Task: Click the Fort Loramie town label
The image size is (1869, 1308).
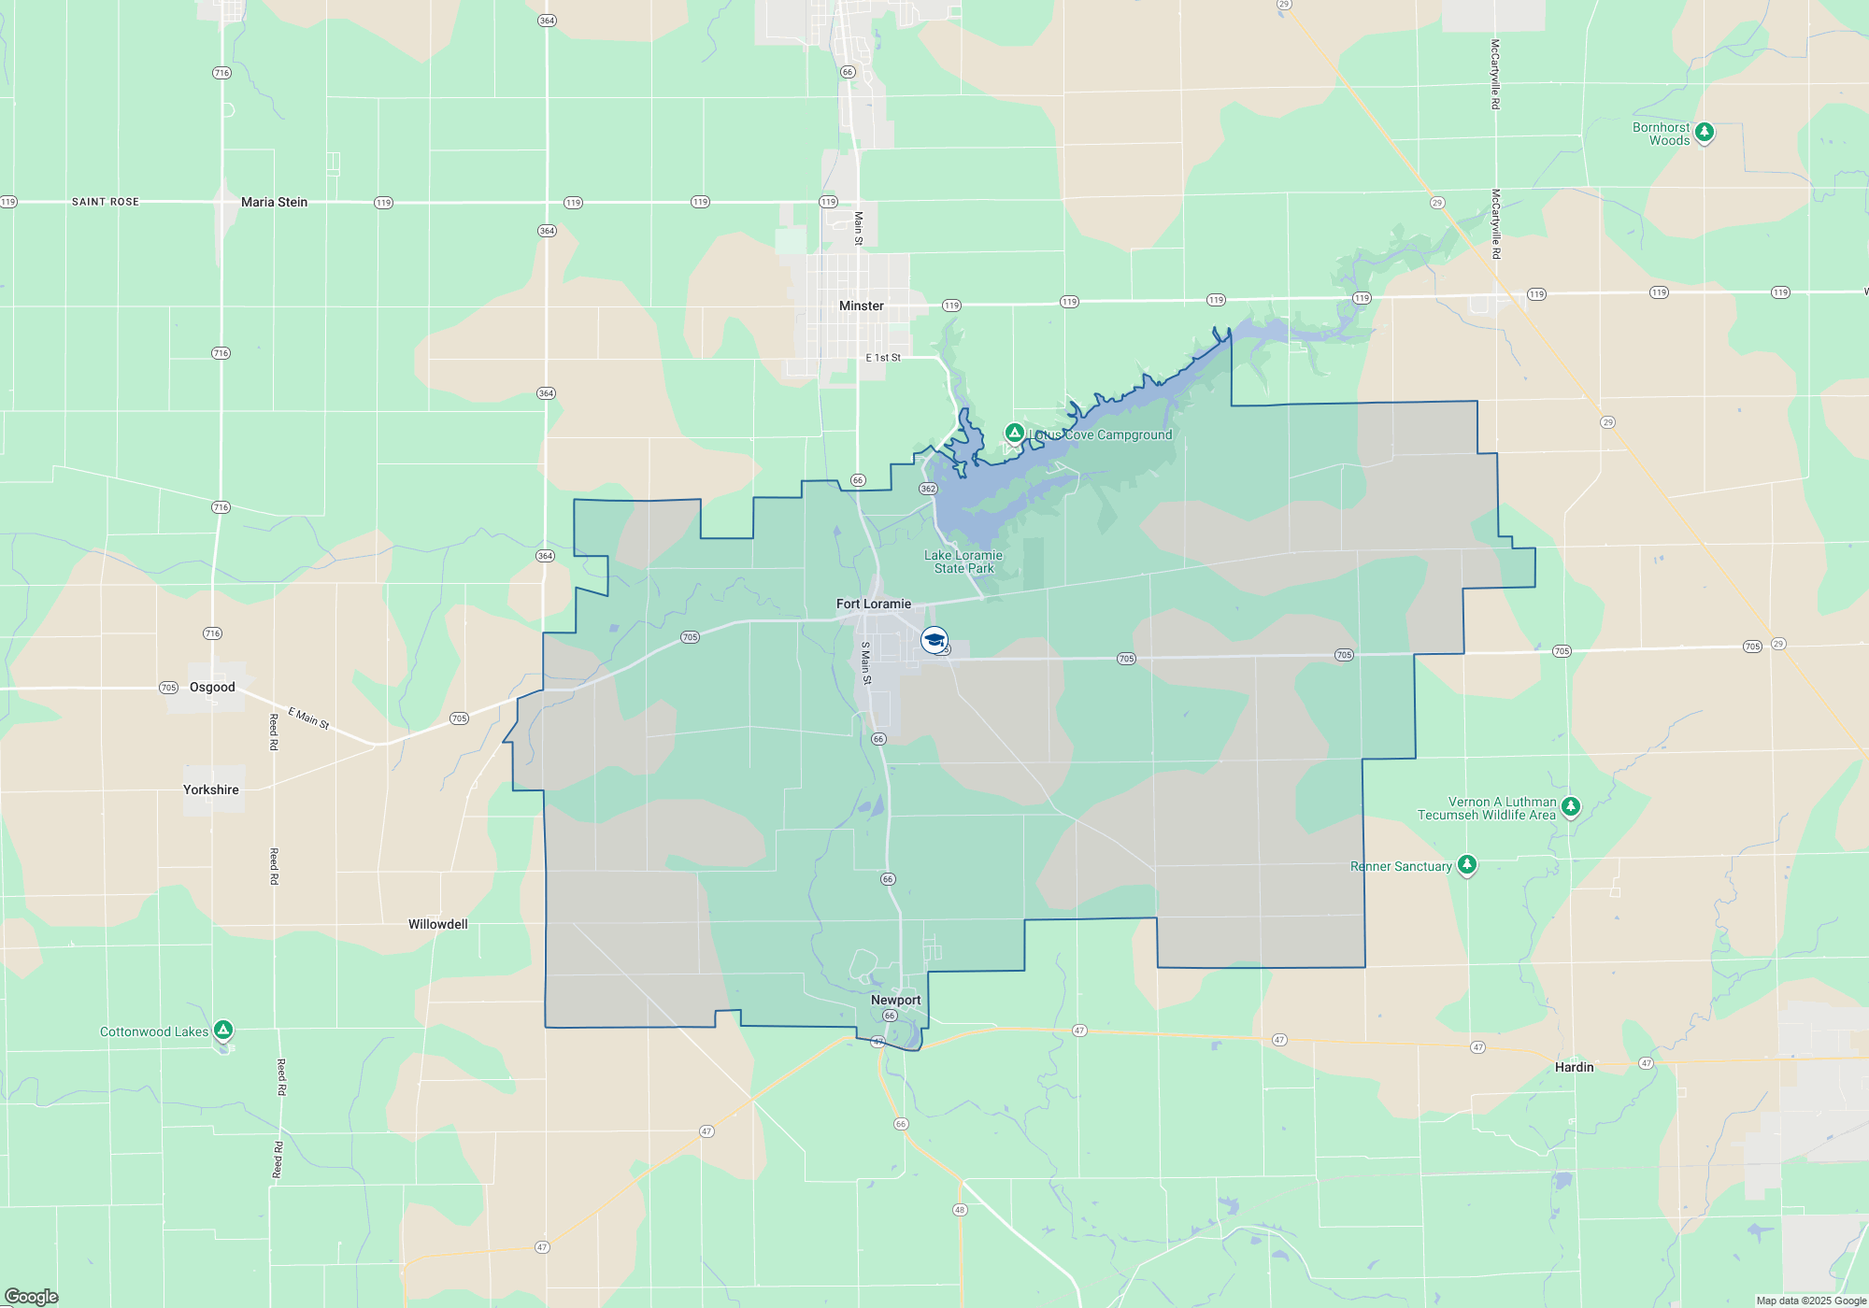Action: (x=873, y=604)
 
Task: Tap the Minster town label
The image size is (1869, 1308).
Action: (x=861, y=306)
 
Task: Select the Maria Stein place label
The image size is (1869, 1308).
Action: (x=274, y=202)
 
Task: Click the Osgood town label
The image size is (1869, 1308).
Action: (x=212, y=687)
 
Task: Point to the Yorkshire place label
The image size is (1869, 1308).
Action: (x=210, y=789)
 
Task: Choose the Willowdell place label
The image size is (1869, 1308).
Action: (x=437, y=924)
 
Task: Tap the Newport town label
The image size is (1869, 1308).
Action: (x=895, y=1000)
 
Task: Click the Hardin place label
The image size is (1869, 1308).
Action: (x=1574, y=1067)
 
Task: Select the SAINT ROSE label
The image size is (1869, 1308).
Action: (x=106, y=202)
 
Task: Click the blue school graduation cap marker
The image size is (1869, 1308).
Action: (x=934, y=640)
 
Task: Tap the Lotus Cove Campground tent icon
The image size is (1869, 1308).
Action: (x=1014, y=433)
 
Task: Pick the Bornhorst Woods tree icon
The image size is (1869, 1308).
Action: (x=1704, y=132)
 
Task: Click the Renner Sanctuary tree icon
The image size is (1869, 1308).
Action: (x=1466, y=864)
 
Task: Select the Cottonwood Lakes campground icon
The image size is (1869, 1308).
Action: (x=222, y=1030)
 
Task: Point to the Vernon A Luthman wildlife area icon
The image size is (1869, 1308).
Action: (x=1570, y=805)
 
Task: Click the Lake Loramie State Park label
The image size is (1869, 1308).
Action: (x=963, y=562)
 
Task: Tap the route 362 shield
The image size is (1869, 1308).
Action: (x=928, y=489)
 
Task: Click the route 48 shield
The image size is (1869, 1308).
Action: (x=960, y=1210)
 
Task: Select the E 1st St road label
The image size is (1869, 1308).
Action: (x=883, y=358)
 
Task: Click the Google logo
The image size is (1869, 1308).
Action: (x=32, y=1296)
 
